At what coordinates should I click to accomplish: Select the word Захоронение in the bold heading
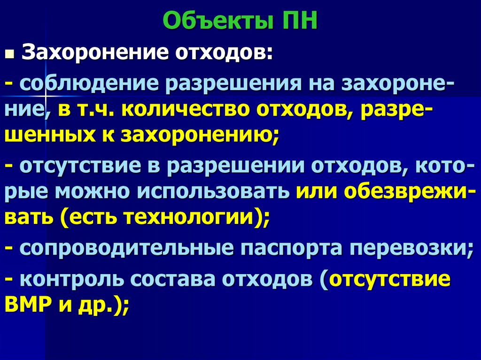point(92,53)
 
